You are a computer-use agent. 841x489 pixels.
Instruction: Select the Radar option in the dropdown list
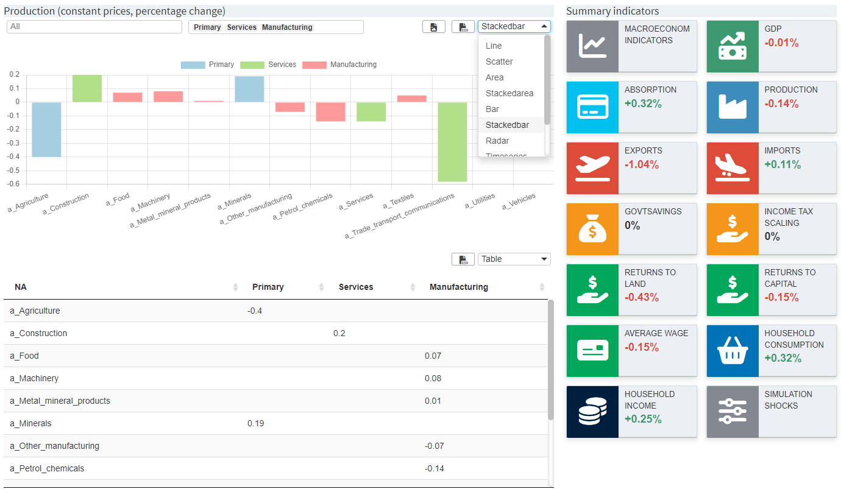[497, 141]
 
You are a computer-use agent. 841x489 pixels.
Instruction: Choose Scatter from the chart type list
[499, 62]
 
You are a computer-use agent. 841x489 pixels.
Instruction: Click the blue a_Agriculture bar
[46, 129]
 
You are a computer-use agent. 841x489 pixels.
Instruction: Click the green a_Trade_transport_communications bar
[452, 141]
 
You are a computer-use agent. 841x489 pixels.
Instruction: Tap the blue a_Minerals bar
[249, 89]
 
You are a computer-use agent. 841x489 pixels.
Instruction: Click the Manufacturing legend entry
[339, 65]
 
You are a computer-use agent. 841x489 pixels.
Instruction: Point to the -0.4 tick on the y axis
[13, 157]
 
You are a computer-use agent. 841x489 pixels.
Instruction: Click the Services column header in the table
[356, 287]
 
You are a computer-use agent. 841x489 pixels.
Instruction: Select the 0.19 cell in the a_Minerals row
[255, 423]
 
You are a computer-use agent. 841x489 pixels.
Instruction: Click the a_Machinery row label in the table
[34, 378]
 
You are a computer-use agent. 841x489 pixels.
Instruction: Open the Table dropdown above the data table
[514, 259]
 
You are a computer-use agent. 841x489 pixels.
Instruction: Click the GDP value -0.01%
[781, 43]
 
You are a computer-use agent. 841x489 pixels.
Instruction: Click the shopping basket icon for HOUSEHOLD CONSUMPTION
[733, 351]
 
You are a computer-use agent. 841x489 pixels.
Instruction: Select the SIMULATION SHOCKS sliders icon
[733, 412]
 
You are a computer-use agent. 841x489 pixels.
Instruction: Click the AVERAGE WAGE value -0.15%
[642, 347]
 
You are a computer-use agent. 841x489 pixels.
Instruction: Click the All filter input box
[94, 27]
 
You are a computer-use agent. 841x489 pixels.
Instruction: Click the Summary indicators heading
[612, 11]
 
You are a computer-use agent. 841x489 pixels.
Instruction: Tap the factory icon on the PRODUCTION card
[733, 107]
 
